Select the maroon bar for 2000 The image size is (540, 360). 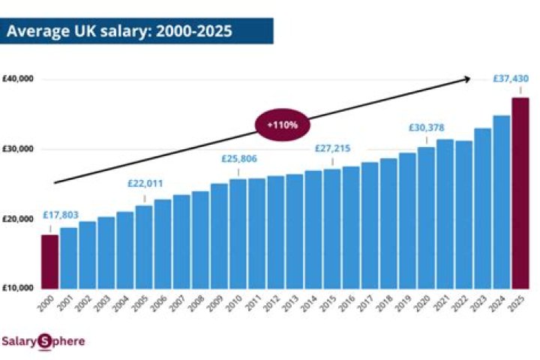tap(49, 262)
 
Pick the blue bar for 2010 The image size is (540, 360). tap(238, 233)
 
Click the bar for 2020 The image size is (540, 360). tap(426, 217)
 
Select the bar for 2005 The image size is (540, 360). tap(143, 247)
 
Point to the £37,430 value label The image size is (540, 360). tap(511, 78)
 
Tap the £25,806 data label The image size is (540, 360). tap(241, 159)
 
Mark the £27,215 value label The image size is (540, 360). tap(332, 148)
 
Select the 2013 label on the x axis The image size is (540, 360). tap(290, 302)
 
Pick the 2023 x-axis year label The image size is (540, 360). tap(478, 302)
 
